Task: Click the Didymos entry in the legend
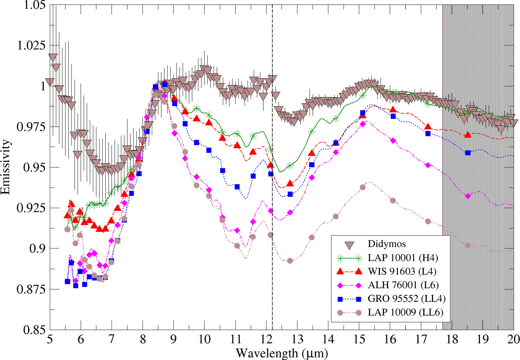[x=387, y=244]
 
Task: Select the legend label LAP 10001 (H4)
[x=402, y=258]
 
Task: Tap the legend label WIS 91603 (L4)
[x=402, y=271]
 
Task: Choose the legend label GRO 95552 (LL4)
[x=406, y=298]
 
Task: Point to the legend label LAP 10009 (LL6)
[x=405, y=312]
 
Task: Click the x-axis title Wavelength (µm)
[x=281, y=353]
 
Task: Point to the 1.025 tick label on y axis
[x=31, y=45]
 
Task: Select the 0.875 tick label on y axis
[x=31, y=289]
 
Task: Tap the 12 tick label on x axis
[x=266, y=339]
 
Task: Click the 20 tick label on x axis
[x=513, y=339]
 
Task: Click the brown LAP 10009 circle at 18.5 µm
[x=468, y=245]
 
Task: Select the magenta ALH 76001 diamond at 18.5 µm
[x=468, y=196]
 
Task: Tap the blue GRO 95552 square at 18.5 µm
[x=468, y=153]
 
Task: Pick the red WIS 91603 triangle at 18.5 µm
[x=468, y=135]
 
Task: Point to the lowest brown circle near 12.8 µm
[x=290, y=261]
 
